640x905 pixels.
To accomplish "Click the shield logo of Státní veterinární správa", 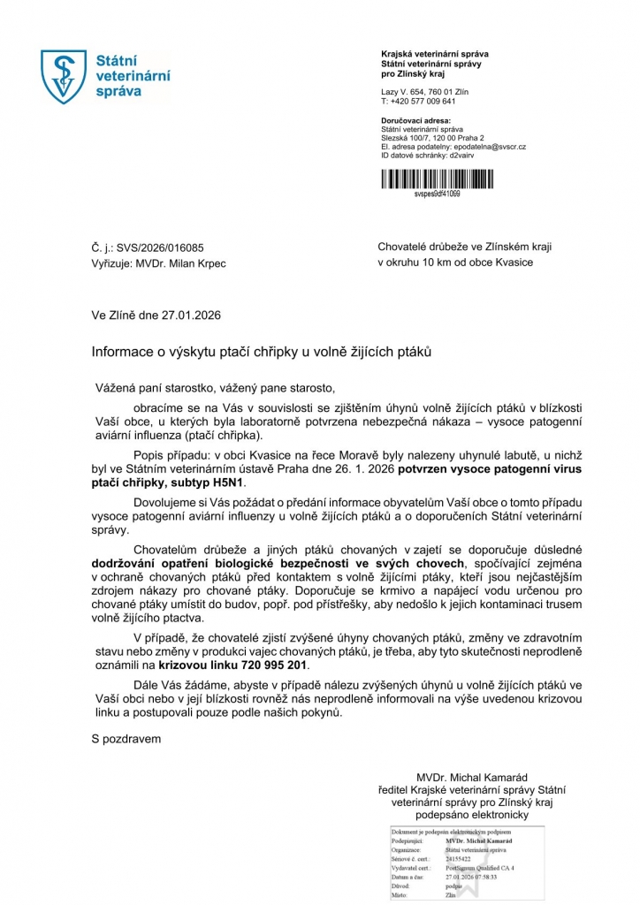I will (65, 77).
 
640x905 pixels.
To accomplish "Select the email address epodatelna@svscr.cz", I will (490, 147).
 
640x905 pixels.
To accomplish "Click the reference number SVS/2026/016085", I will (157, 248).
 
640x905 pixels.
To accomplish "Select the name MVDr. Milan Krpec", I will (177, 263).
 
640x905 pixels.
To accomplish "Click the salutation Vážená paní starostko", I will (156, 388).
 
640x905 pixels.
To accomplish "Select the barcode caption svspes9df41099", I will (436, 194).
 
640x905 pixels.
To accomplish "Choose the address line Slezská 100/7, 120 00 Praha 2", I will (438, 138).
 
